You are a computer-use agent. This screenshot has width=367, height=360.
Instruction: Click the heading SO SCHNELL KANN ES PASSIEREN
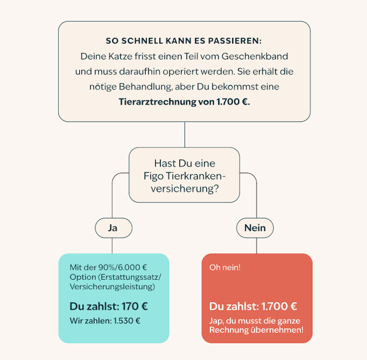coord(183,41)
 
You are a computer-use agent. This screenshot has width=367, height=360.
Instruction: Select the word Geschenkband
coord(255,57)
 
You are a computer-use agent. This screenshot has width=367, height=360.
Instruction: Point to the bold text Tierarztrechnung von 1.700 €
coord(185,102)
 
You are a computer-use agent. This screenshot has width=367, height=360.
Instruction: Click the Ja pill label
coord(113,228)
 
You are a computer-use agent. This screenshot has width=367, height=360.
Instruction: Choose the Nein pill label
coord(255,228)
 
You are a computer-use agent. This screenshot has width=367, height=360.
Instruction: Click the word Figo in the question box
coord(154,176)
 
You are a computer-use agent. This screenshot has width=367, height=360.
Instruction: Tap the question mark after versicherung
coord(216,188)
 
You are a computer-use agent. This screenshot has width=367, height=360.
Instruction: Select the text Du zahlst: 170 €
coord(109,306)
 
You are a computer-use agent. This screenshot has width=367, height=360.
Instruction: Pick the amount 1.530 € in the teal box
coord(127,321)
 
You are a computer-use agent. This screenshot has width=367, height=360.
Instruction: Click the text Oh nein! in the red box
coord(225,267)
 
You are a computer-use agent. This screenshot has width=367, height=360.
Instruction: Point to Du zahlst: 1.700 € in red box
coord(253,306)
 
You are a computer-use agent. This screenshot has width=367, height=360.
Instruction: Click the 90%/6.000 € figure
coord(123,267)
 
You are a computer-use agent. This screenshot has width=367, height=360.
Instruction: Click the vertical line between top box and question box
coord(185,134)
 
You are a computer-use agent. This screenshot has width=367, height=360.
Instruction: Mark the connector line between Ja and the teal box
coord(112,246)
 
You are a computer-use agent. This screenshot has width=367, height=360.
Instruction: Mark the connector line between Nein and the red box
coord(256,246)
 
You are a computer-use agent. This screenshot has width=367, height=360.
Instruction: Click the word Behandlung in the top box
coord(146,87)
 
